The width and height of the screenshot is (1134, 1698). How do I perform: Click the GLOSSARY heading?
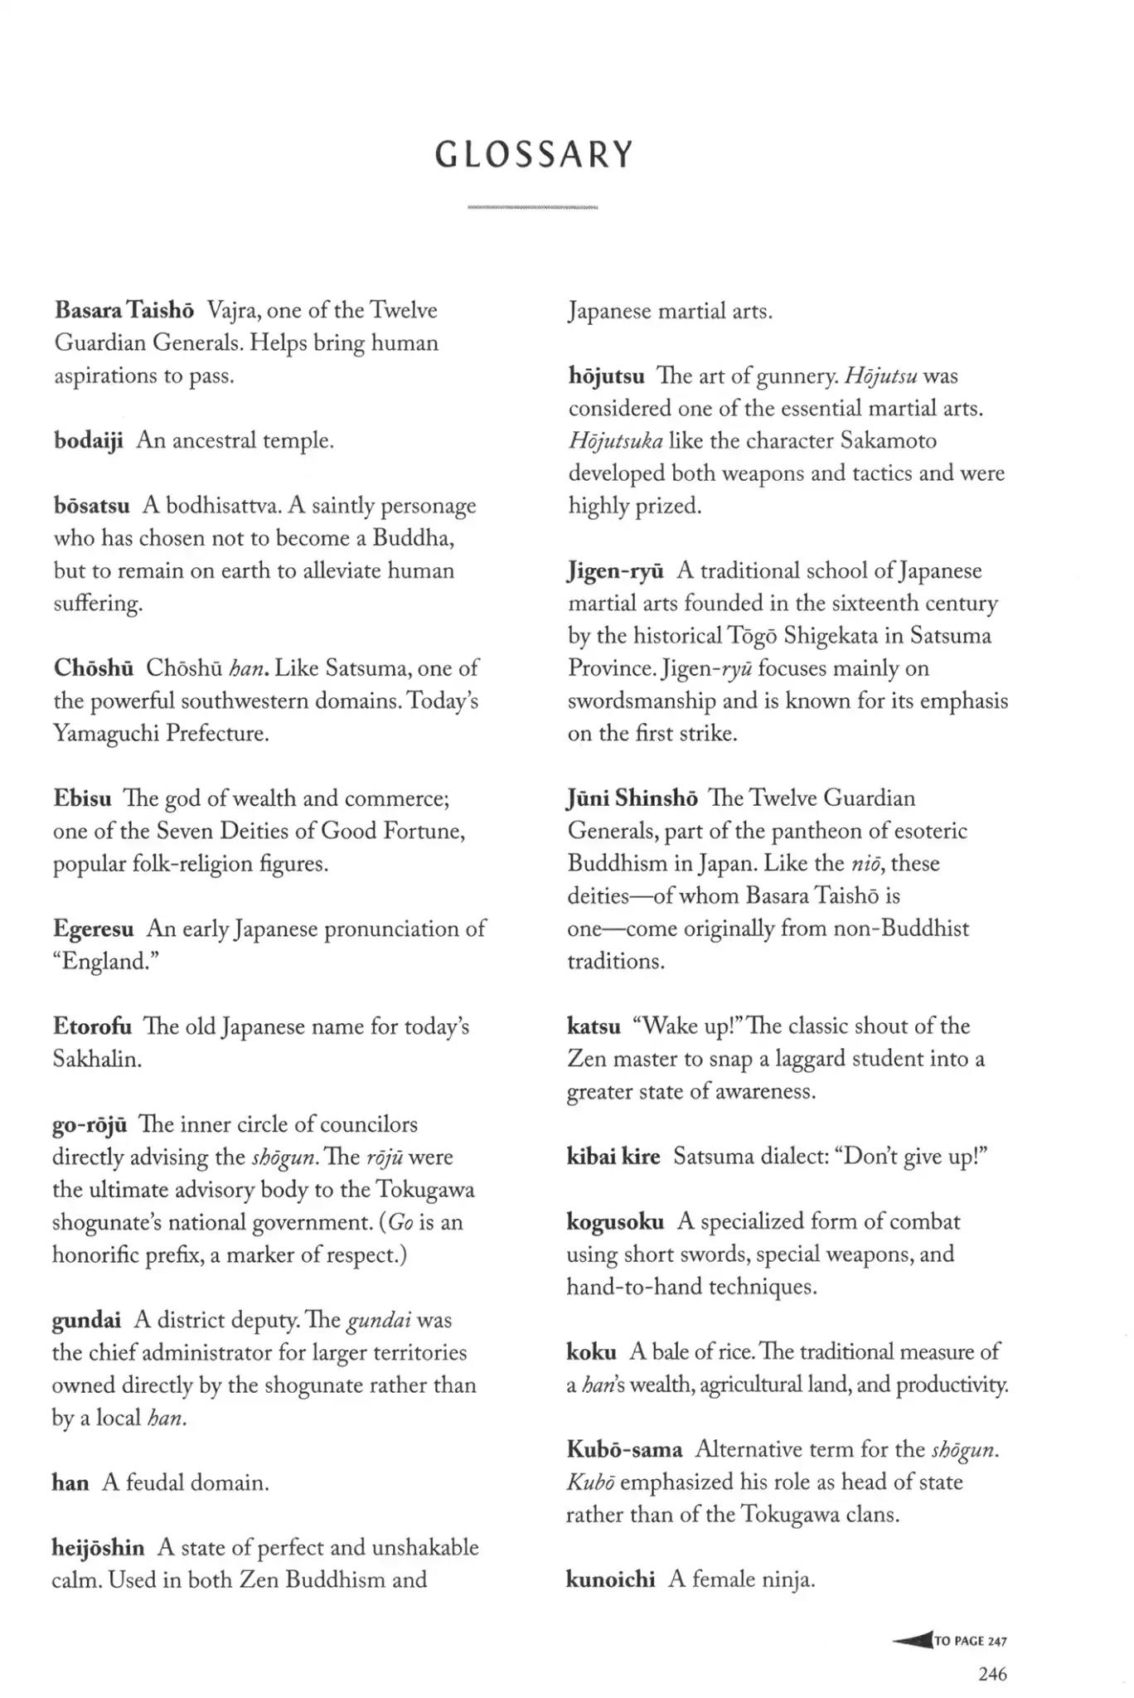535,155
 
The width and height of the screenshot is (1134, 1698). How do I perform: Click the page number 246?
992,1674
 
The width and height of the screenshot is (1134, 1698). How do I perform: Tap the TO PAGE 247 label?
971,1641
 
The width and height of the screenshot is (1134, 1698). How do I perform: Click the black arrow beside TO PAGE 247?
913,1640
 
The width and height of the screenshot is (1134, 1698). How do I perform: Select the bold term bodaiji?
88,440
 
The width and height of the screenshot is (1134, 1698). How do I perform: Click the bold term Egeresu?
94,929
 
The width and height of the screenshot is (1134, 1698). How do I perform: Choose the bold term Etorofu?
92,1026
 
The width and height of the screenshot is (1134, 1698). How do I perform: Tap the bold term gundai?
86,1320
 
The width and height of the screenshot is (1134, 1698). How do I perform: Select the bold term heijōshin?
98,1547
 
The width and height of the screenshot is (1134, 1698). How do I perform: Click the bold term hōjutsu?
606,376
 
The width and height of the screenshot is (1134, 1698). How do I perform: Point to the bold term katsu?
594,1026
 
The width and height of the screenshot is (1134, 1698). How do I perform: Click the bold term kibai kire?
613,1157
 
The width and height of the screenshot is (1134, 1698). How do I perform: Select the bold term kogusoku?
615,1221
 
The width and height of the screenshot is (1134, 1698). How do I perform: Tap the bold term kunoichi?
610,1579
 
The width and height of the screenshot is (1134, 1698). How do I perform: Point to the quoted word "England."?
106,962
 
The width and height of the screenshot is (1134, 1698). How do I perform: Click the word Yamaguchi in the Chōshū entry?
105,734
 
